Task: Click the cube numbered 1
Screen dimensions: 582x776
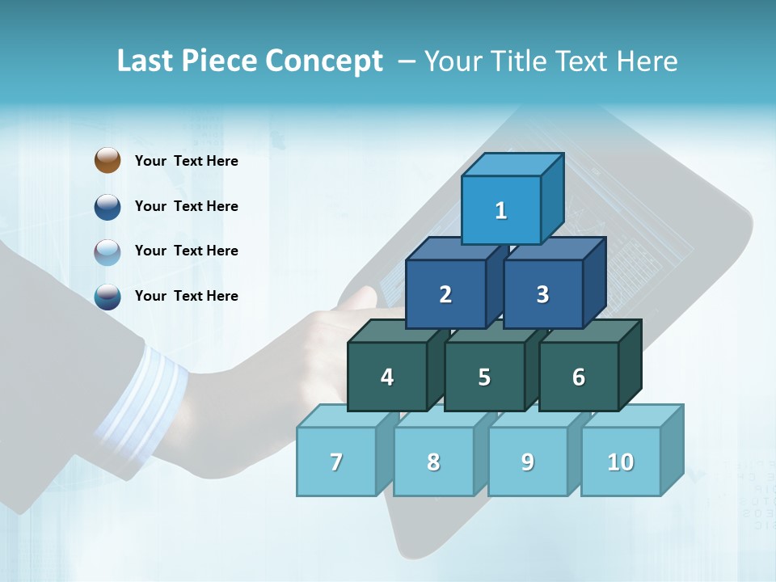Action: [x=501, y=210]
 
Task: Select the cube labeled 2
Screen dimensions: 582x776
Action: [x=445, y=294]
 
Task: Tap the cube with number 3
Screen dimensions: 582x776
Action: [x=542, y=294]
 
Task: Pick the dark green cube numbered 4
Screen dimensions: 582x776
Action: [x=387, y=377]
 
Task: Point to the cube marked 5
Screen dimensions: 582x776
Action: [x=484, y=377]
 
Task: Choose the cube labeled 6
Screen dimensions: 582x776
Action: [x=579, y=377]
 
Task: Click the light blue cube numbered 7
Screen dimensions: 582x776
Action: [x=336, y=462]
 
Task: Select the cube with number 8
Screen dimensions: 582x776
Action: [x=433, y=462]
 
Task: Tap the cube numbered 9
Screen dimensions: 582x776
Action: [x=528, y=462]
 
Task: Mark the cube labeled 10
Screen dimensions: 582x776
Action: [x=621, y=462]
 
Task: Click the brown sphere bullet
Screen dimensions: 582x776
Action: [x=108, y=160]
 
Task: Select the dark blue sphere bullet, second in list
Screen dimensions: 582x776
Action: [x=108, y=206]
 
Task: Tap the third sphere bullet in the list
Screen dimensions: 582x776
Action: [x=108, y=251]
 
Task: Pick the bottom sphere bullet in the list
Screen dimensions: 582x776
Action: [x=108, y=297]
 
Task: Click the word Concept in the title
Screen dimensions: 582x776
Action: [x=324, y=61]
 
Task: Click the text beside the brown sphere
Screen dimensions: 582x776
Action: [x=187, y=161]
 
